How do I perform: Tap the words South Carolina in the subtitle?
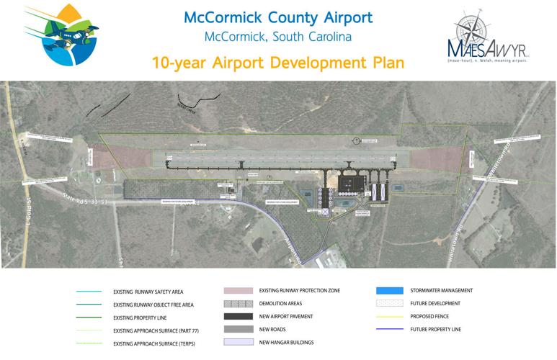[331, 37]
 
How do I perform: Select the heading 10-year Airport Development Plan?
[277, 63]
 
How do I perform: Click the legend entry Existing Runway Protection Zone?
[299, 291]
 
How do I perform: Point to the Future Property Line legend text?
[434, 328]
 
